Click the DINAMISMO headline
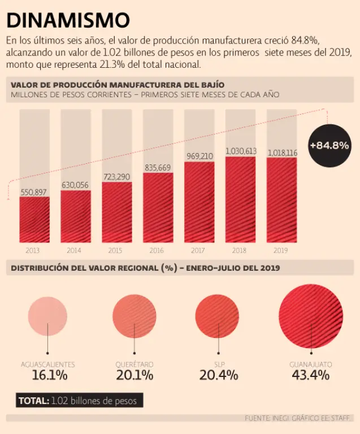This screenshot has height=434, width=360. click(x=68, y=20)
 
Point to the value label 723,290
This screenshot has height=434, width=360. click(x=117, y=176)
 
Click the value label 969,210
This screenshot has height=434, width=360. click(x=199, y=156)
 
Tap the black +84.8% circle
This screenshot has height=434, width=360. click(x=329, y=145)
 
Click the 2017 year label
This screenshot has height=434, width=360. click(x=198, y=250)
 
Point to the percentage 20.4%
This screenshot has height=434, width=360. click(x=219, y=375)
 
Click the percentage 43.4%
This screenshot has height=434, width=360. click(x=311, y=375)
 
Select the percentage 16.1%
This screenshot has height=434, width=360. click(x=50, y=375)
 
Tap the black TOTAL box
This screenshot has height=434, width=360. click(x=79, y=401)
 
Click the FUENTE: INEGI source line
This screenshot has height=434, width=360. click(x=298, y=418)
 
